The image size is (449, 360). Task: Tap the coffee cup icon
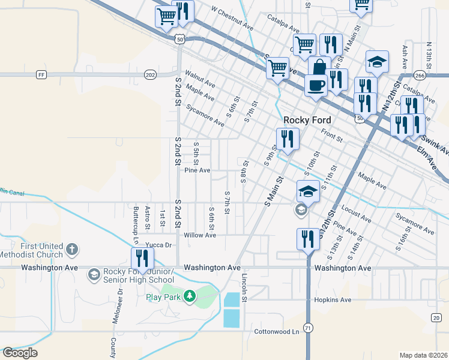[x=316, y=85]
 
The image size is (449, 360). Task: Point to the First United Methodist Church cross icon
[x=71, y=249]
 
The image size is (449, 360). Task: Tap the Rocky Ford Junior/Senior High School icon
[x=93, y=275]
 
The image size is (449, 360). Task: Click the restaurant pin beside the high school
[x=143, y=259]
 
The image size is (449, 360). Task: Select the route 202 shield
[x=150, y=75]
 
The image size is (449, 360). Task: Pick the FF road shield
[x=41, y=75]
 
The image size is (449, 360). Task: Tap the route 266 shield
[x=420, y=76]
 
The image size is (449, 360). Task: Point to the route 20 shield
[x=436, y=317]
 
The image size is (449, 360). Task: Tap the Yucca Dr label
[x=160, y=245]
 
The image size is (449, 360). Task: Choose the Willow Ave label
[x=200, y=235]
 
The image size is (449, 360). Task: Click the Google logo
[x=20, y=353]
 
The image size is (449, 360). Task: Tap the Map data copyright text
[x=423, y=355]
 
